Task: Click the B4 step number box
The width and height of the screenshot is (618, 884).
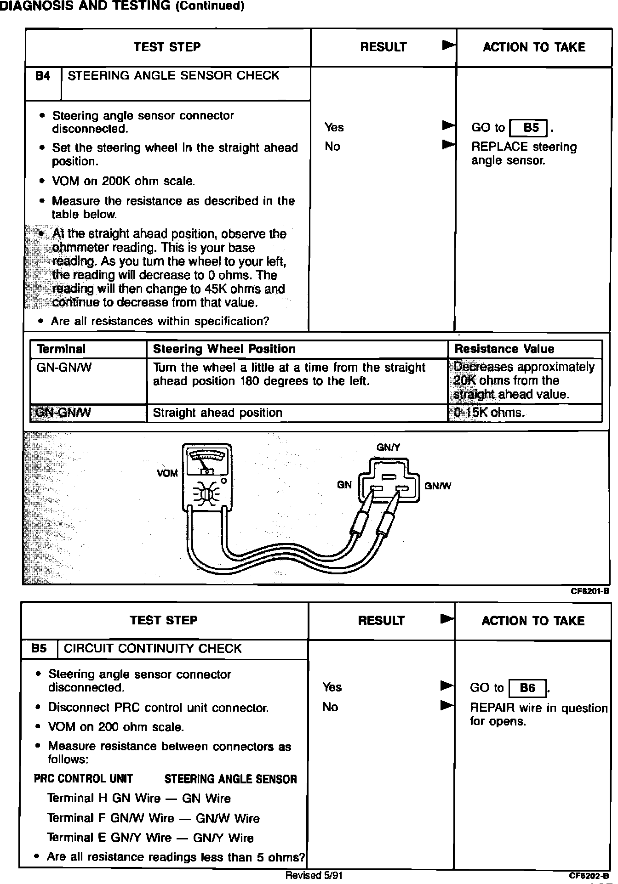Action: pos(43,76)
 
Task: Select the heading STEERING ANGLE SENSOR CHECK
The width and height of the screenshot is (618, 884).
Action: pos(173,76)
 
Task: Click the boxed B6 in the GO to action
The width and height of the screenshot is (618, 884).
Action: pos(527,688)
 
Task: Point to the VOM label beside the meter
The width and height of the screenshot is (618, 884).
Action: pos(167,473)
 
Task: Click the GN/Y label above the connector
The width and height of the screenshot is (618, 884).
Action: pos(389,447)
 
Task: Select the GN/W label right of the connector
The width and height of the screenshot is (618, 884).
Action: pos(438,486)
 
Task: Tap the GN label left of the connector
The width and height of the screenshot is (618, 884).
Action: pos(344,485)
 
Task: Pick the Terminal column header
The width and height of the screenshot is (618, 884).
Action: pos(61,349)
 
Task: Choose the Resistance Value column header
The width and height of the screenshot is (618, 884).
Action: pos(504,349)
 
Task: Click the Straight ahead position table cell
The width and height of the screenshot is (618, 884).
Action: pos(217,413)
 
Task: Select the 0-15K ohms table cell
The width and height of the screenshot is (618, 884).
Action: pos(489,413)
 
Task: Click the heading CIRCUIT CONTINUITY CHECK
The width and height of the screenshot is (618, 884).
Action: pos(153,649)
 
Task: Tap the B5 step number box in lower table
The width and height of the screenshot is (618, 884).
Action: pos(40,649)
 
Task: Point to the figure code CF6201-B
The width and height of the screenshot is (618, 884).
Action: pos(590,591)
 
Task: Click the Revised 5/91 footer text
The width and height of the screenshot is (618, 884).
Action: pos(314,875)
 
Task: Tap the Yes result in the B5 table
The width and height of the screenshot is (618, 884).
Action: pos(332,687)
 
